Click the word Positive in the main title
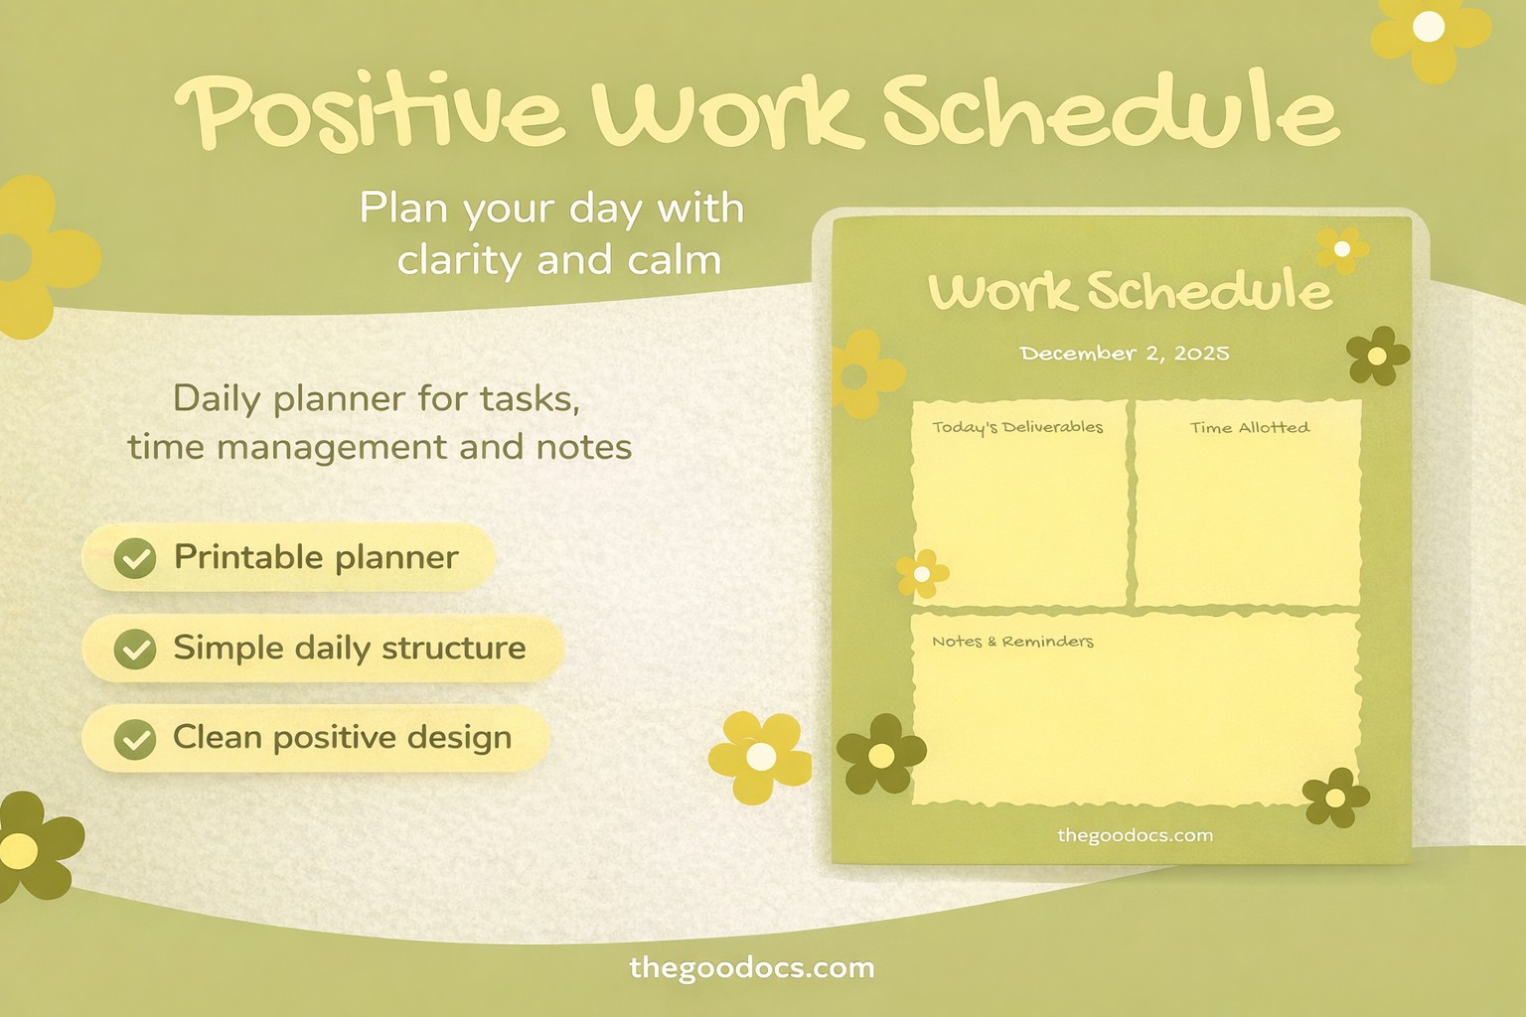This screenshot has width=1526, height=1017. click(370, 111)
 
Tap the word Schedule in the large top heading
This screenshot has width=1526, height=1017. click(1111, 111)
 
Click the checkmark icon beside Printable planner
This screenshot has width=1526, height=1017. click(135, 558)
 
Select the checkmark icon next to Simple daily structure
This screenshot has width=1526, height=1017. click(135, 650)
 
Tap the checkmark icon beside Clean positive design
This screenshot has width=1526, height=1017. click(135, 739)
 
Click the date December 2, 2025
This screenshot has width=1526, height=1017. click(1124, 354)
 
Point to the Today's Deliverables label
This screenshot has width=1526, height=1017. click(1017, 427)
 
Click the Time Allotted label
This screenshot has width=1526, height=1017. click(1249, 428)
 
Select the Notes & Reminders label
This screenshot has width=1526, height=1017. click(1012, 642)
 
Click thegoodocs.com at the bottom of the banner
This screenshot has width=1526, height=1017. click(752, 967)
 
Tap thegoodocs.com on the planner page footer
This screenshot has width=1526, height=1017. click(1135, 835)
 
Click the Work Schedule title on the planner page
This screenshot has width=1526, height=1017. click(1129, 291)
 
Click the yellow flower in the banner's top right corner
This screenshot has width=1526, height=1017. click(1429, 30)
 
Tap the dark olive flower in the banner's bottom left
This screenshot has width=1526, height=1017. click(26, 847)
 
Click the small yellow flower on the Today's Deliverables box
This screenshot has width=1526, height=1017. click(922, 574)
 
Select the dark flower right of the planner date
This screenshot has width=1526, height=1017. click(1377, 356)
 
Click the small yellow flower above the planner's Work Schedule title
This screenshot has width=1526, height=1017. click(1341, 248)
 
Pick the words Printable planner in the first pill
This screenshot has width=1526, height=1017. click(316, 557)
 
